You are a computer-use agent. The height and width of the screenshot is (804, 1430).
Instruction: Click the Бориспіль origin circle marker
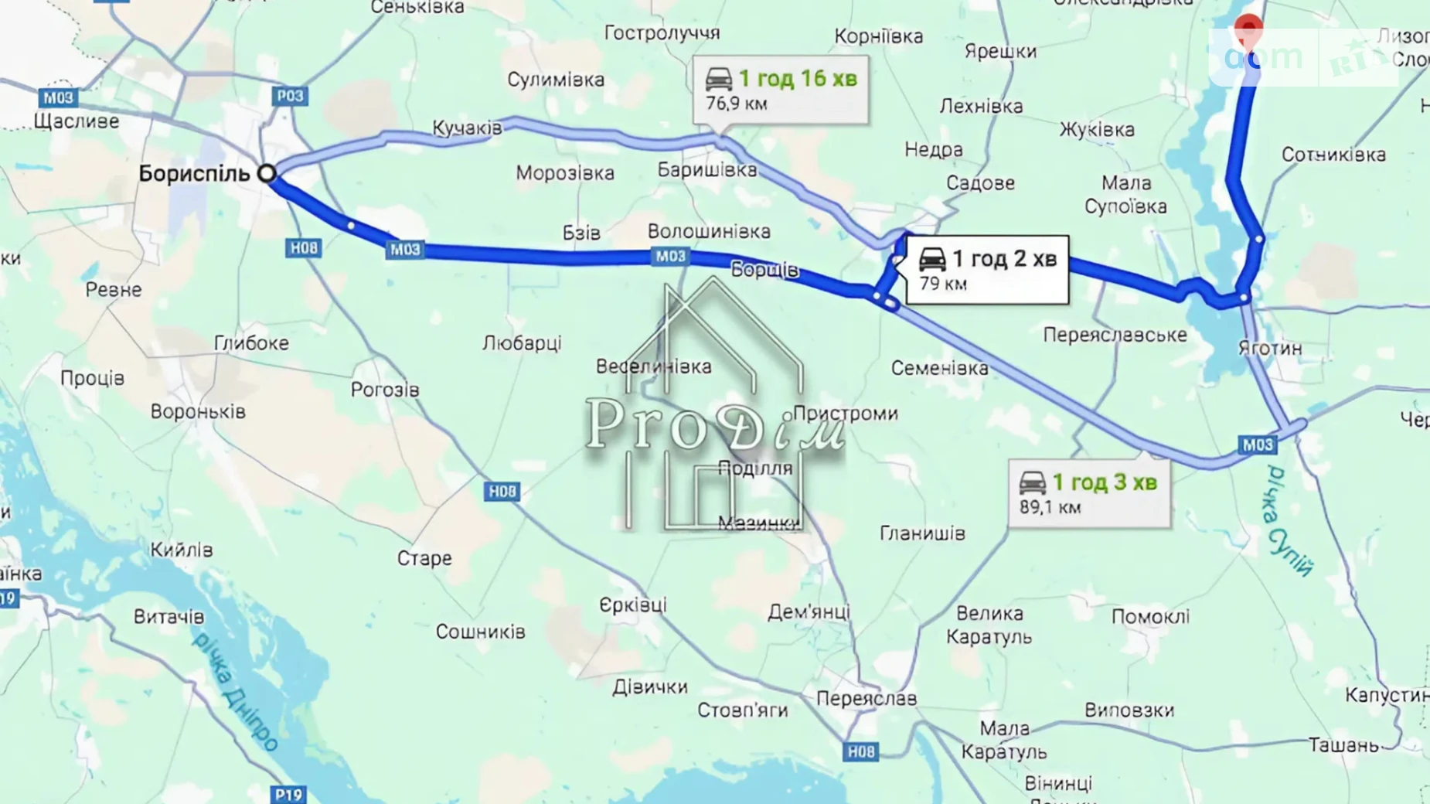tap(267, 173)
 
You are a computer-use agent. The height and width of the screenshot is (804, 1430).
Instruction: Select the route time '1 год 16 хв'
tap(798, 79)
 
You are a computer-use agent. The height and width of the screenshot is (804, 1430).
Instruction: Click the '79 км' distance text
tap(943, 284)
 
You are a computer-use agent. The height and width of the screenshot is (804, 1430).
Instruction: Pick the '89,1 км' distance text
tap(1050, 507)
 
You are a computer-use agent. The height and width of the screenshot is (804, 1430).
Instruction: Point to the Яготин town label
tap(1269, 349)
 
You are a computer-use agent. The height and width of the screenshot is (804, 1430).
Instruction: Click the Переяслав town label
tap(866, 698)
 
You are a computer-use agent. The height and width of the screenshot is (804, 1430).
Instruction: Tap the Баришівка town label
tap(706, 170)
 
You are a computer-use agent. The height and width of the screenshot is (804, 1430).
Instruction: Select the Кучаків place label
tap(467, 128)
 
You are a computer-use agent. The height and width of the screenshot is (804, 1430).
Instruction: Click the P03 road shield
tap(290, 96)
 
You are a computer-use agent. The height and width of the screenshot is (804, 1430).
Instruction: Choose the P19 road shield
tap(288, 794)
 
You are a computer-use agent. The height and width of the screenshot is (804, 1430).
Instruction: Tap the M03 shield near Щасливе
tap(58, 97)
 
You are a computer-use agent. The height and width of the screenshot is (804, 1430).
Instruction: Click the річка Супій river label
tap(1289, 520)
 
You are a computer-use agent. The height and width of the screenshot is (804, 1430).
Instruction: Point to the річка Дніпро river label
tap(235, 692)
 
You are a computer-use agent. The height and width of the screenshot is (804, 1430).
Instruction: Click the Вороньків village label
tap(198, 411)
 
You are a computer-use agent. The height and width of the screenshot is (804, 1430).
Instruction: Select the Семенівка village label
tap(939, 368)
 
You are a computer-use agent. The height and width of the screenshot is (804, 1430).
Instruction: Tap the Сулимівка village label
tap(555, 80)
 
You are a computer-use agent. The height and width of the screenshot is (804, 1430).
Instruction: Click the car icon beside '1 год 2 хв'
tap(932, 259)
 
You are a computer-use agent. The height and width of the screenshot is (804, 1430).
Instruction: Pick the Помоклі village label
tap(1150, 616)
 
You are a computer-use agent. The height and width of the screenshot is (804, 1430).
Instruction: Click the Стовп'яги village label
tap(742, 710)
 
